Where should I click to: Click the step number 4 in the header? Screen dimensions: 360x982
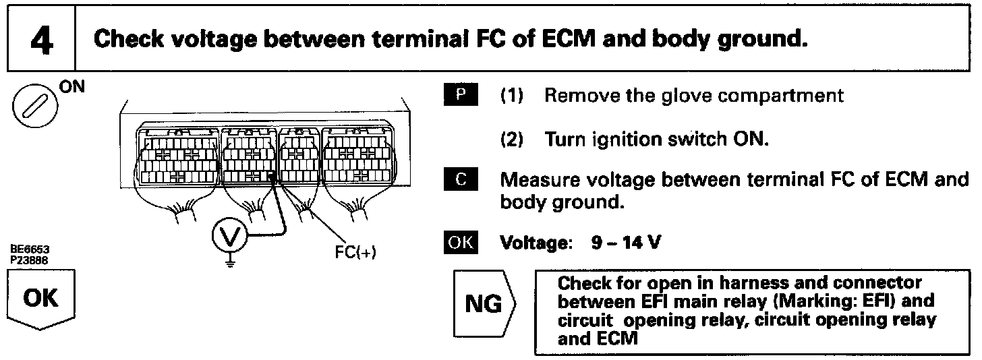tap(41, 40)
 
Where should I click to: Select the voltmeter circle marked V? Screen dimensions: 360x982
tap(228, 236)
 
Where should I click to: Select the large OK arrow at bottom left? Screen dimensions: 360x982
tap(41, 300)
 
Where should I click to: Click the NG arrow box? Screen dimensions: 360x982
tap(486, 305)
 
